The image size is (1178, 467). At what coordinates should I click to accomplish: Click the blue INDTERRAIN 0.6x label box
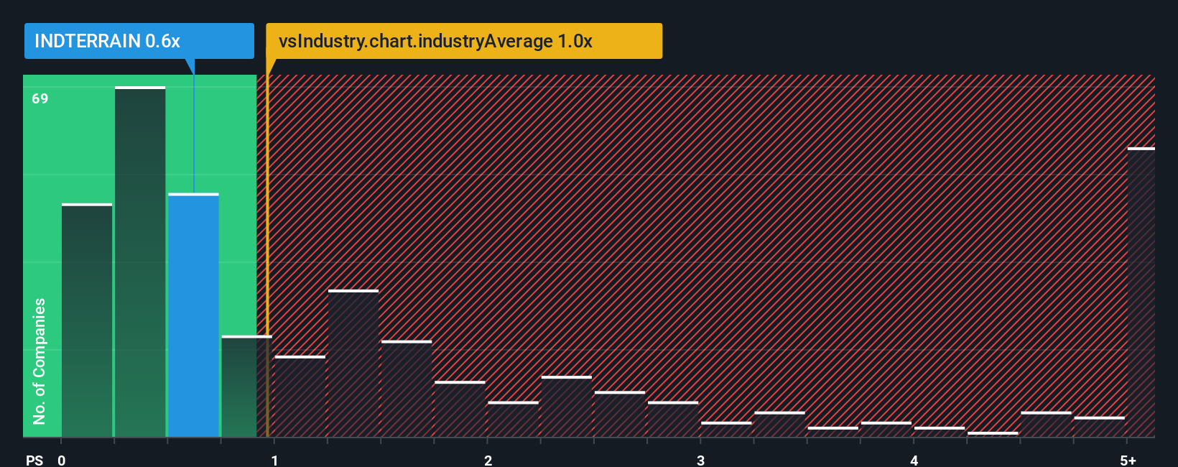coord(139,41)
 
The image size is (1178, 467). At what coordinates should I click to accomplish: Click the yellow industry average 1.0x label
coord(464,41)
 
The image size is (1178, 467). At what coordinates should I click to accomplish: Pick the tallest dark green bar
coord(140,262)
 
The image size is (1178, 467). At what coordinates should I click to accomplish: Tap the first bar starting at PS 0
coord(87,320)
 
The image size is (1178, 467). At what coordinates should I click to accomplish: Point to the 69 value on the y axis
coord(40,98)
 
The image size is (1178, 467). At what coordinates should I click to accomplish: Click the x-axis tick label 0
coord(62,460)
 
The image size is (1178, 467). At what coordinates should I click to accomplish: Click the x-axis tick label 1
coord(274,460)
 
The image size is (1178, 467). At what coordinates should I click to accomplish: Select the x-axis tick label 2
coord(488,460)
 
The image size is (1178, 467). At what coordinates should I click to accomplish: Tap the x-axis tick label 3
coord(700,460)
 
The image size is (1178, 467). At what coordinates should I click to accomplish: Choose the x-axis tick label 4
coord(914,460)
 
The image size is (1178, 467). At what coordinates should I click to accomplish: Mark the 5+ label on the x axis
coord(1128,460)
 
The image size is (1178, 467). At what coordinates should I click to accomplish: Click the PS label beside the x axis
coord(34,460)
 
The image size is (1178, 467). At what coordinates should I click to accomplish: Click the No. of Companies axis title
coord(40,361)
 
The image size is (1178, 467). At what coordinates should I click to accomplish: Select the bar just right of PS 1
coord(300,397)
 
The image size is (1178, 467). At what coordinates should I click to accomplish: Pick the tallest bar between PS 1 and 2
coord(353,364)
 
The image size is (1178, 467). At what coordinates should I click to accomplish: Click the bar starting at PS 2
coord(513,420)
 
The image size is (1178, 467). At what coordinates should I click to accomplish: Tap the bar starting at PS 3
coord(726,430)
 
